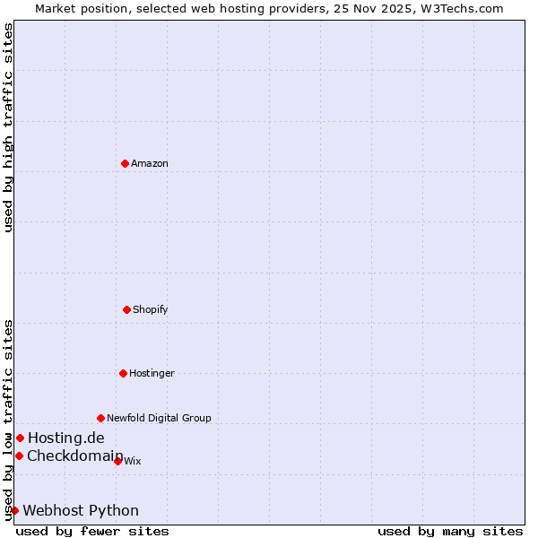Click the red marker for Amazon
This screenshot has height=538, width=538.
click(x=125, y=163)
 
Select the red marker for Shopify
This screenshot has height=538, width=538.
click(x=126, y=309)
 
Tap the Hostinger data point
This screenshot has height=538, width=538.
click(x=123, y=373)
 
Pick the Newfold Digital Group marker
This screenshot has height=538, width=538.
click(x=100, y=418)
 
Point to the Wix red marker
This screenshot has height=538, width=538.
click(x=117, y=461)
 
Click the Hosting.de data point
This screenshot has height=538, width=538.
click(x=20, y=438)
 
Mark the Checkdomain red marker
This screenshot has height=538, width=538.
click(x=19, y=456)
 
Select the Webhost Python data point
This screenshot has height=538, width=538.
click(x=14, y=510)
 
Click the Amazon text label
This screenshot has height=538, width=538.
click(x=150, y=163)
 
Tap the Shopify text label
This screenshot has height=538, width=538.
click(x=151, y=309)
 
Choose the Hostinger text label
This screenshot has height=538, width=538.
click(x=152, y=373)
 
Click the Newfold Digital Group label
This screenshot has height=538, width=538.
click(x=159, y=418)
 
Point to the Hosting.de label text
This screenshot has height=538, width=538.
click(x=65, y=438)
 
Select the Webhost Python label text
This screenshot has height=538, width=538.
click(x=81, y=510)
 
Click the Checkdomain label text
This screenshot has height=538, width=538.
click(x=74, y=456)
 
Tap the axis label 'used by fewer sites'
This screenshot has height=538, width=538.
click(x=92, y=531)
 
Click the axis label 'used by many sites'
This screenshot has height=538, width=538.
click(x=450, y=531)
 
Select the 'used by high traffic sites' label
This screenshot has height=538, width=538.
click(x=8, y=127)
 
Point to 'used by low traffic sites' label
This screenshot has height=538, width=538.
click(x=8, y=419)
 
